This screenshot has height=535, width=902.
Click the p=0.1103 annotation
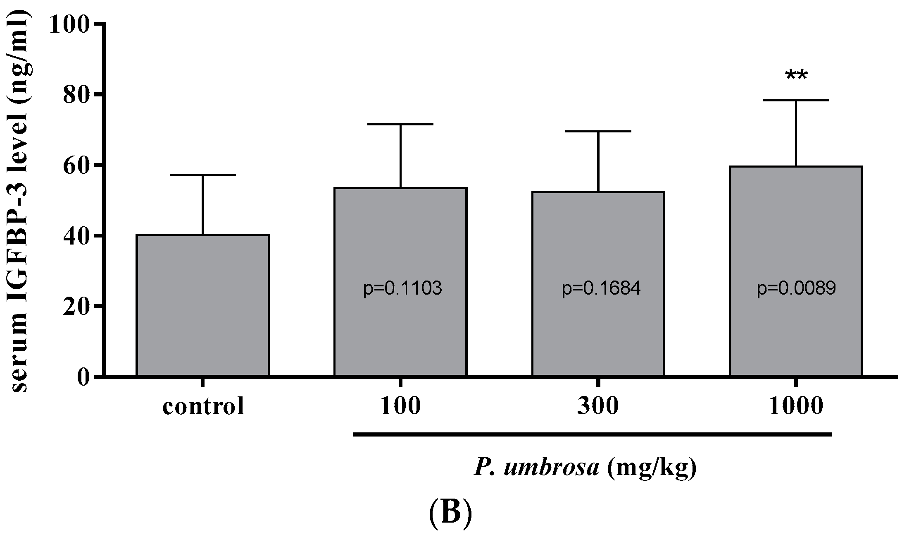point(402,288)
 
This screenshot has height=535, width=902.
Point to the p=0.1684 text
point(601,288)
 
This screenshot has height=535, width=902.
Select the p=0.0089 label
point(796,288)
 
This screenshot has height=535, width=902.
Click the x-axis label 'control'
point(203,406)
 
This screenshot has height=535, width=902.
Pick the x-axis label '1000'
point(796,406)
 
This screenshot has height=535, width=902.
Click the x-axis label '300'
point(597,406)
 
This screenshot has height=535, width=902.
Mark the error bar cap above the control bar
point(202,175)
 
